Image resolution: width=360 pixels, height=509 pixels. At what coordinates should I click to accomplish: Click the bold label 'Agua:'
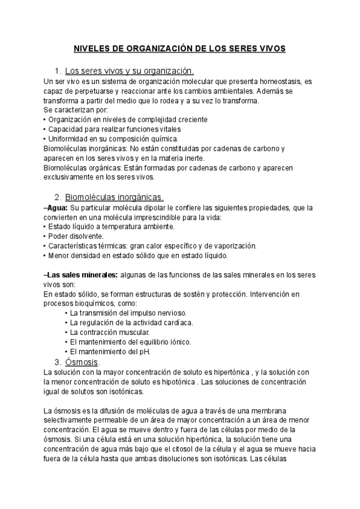57,207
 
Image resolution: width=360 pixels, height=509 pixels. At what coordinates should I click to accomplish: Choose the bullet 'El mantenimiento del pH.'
110,352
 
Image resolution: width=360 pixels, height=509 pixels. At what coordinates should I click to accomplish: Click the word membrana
277,411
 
